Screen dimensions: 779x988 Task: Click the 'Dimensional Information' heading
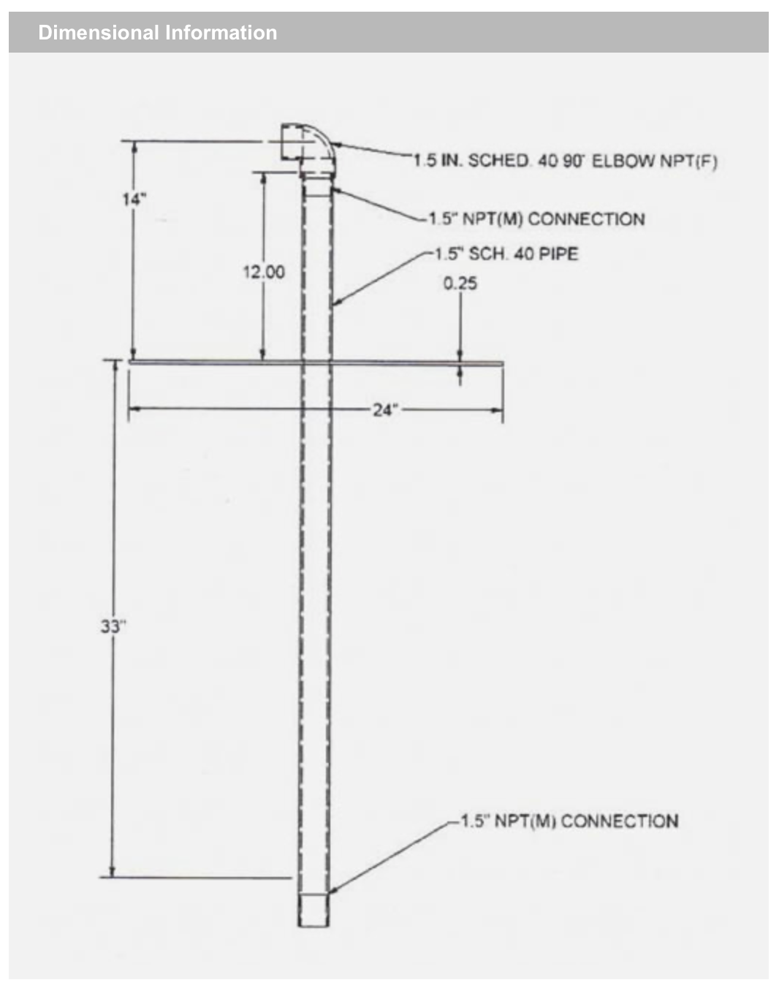coord(157,33)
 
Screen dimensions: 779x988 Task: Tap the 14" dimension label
coord(134,199)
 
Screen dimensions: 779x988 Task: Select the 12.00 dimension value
coord(264,272)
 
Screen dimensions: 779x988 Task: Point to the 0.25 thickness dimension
coord(460,284)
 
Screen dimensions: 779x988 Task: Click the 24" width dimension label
coord(386,409)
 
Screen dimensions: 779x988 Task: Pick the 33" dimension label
coord(113,626)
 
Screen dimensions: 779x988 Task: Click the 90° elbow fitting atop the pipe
coord(308,150)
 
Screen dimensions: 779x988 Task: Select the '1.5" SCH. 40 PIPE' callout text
coord(506,254)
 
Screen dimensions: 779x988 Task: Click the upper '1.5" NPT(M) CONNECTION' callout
coord(536,219)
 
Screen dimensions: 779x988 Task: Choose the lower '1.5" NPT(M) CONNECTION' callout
coord(570,821)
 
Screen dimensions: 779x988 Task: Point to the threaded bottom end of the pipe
coord(314,910)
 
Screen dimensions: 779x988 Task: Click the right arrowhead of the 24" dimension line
coord(498,410)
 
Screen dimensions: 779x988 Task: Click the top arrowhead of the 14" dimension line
coord(134,147)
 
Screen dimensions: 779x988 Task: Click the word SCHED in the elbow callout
coord(498,161)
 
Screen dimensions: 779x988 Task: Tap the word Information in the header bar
coord(221,33)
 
